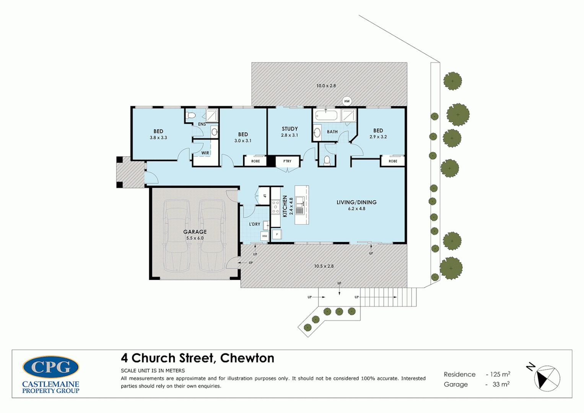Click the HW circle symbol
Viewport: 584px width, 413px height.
pos(347,101)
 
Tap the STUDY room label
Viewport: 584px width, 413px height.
pos(290,129)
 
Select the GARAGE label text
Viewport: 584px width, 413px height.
pos(195,232)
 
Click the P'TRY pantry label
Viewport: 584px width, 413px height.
pos(287,161)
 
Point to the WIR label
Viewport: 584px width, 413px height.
pos(205,153)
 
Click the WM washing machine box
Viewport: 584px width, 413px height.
pos(265,236)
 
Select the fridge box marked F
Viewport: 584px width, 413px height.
pos(277,234)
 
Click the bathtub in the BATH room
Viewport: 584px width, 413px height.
pos(326,115)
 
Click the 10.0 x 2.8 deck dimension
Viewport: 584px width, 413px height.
pos(326,86)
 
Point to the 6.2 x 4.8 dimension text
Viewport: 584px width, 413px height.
pos(356,208)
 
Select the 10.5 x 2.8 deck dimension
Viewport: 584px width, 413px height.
pos(324,266)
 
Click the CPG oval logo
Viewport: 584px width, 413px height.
pos(50,367)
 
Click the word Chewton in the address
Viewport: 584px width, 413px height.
pos(247,358)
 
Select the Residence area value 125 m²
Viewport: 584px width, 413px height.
pos(500,374)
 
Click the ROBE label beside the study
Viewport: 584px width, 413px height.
pos(255,161)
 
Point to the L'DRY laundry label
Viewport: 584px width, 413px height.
pos(254,224)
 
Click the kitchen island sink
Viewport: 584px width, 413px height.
pos(300,205)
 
